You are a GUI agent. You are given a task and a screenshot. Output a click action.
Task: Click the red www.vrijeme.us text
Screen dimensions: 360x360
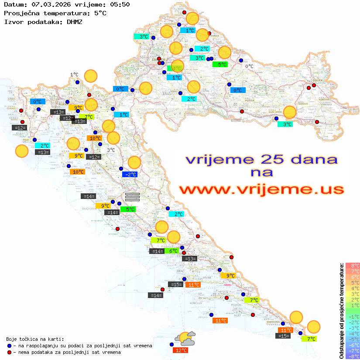click(261, 189)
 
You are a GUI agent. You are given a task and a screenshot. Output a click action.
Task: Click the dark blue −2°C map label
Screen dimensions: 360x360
click(130, 175)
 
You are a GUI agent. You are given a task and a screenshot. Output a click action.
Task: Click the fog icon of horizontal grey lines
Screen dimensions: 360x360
click(132, 197)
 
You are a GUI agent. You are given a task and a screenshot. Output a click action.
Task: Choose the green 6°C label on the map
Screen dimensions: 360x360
click(173, 251)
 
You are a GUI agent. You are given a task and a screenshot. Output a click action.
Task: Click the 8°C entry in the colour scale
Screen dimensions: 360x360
click(353, 265)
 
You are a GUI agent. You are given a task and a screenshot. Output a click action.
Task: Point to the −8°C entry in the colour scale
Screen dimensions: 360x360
click(353, 356)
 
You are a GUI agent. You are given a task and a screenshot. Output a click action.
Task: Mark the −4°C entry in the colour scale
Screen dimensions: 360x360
click(353, 333)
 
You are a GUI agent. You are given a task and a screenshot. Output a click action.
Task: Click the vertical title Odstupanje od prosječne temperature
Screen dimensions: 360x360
click(341, 311)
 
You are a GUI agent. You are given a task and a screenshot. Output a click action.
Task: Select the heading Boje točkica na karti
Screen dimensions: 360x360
click(35, 339)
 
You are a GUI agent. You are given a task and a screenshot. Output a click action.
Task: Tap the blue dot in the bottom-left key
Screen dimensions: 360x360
click(9, 346)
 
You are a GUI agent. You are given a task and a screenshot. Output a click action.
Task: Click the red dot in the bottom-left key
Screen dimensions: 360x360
click(9, 352)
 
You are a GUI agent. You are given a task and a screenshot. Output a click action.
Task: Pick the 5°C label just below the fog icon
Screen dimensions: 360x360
click(130, 209)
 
